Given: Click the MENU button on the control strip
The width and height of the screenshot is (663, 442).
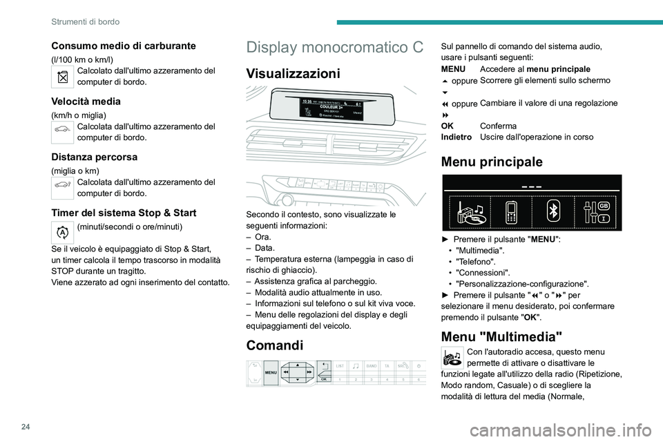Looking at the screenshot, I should tap(271, 373).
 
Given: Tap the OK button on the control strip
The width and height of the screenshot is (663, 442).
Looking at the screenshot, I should tap(323, 378).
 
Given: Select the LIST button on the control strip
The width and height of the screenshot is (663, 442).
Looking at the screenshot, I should tap(340, 365).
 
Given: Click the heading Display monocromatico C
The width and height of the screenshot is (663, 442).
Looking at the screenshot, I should tap(334, 48).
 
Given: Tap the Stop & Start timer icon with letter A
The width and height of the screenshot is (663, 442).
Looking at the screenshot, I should tap(63, 233).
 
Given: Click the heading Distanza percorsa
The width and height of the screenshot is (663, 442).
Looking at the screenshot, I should tap(94, 157).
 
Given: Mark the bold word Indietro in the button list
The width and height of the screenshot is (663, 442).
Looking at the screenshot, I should tap(456, 137).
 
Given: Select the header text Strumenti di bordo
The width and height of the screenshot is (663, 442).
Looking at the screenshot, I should tap(85, 22).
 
